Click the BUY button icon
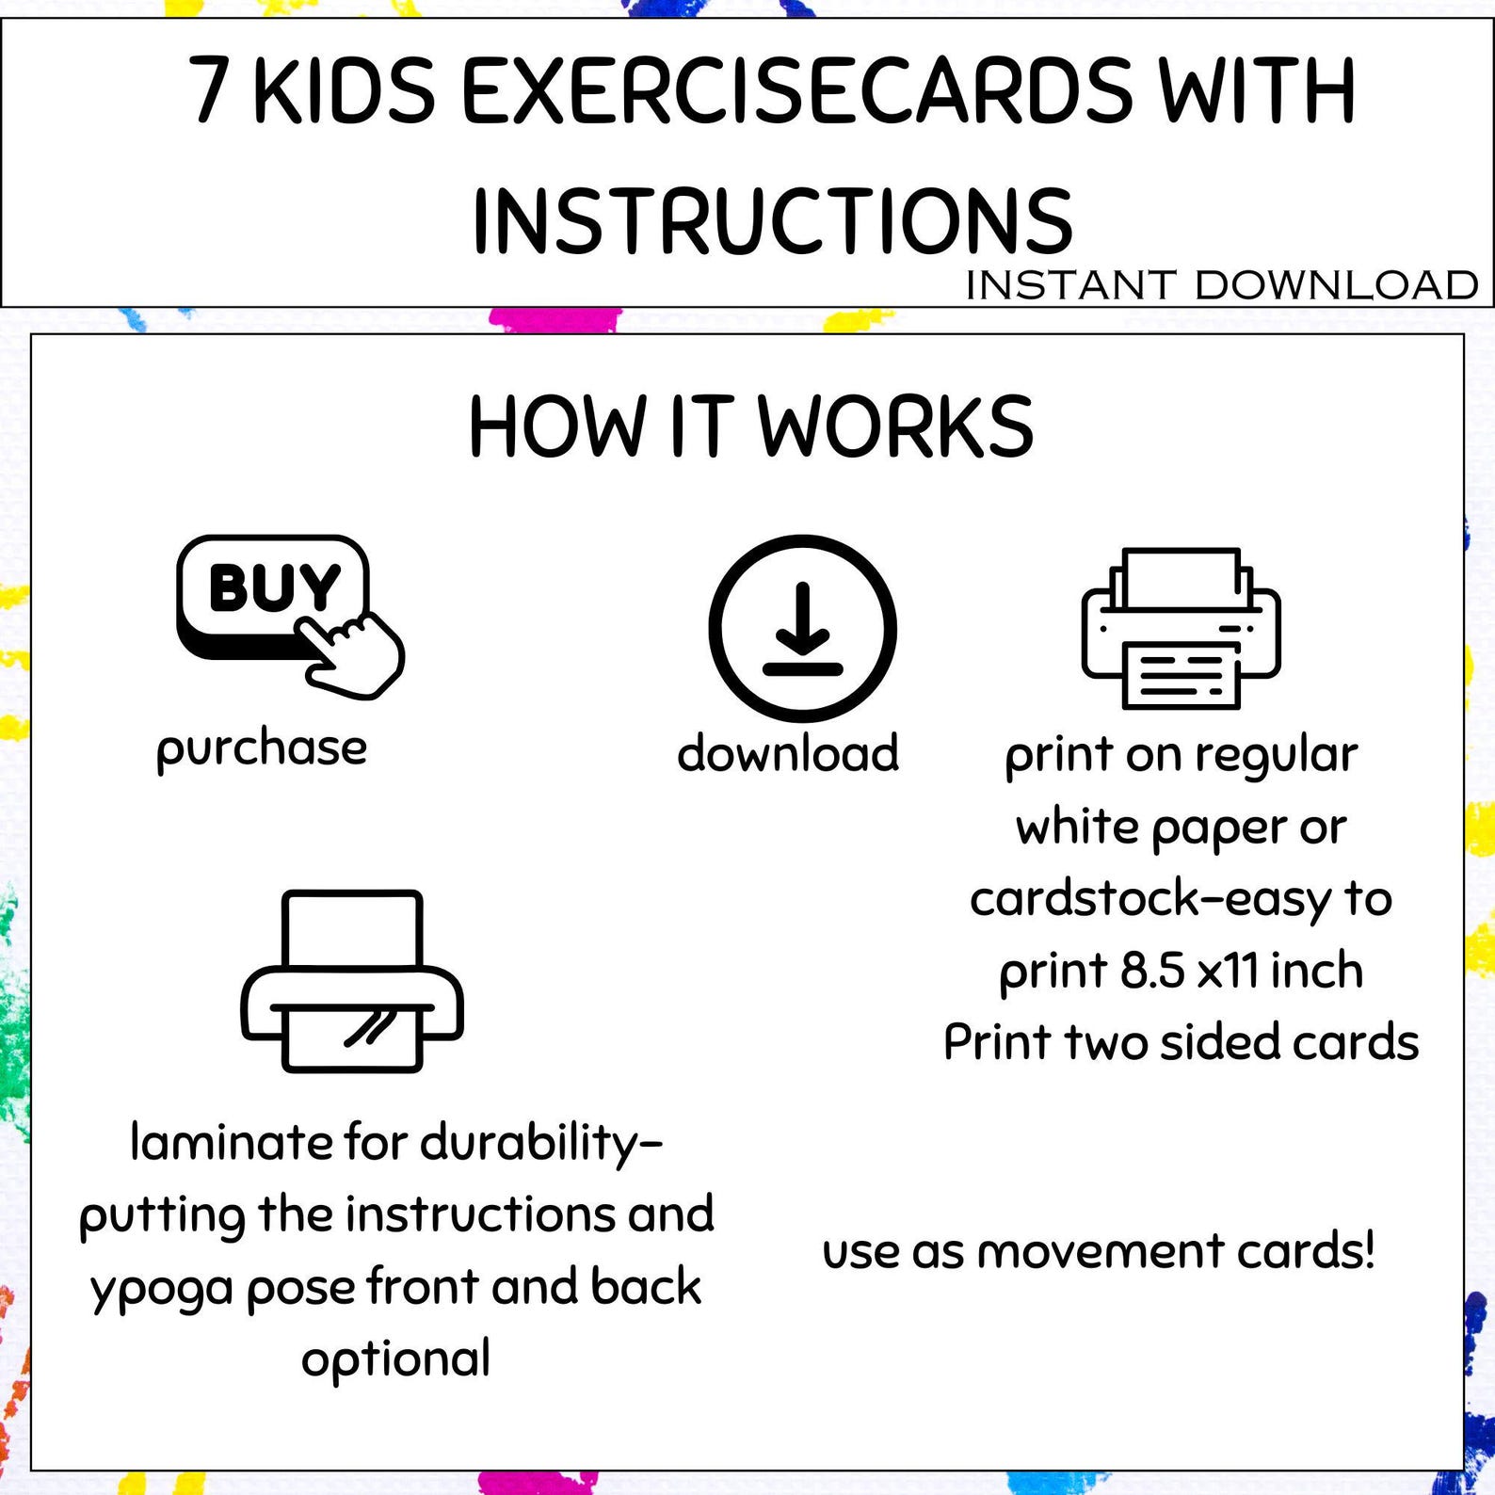click(273, 593)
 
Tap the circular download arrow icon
click(802, 628)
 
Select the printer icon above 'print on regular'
click(1181, 628)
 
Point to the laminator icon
click(352, 980)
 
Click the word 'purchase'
click(262, 749)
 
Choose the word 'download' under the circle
click(788, 753)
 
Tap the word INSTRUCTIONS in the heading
click(772, 221)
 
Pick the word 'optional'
click(395, 1358)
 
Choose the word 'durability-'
click(541, 1143)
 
